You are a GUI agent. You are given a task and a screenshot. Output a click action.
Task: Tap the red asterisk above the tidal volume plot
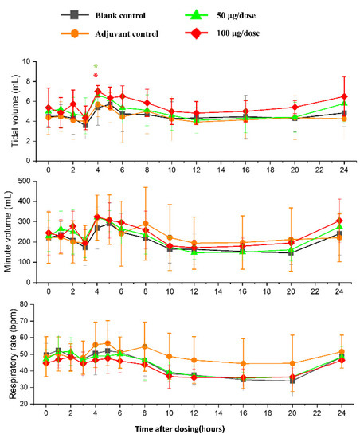coord(96,78)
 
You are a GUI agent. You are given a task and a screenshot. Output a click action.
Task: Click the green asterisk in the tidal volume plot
coord(96,68)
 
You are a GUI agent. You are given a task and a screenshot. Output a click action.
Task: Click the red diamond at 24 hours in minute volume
coord(343,221)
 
